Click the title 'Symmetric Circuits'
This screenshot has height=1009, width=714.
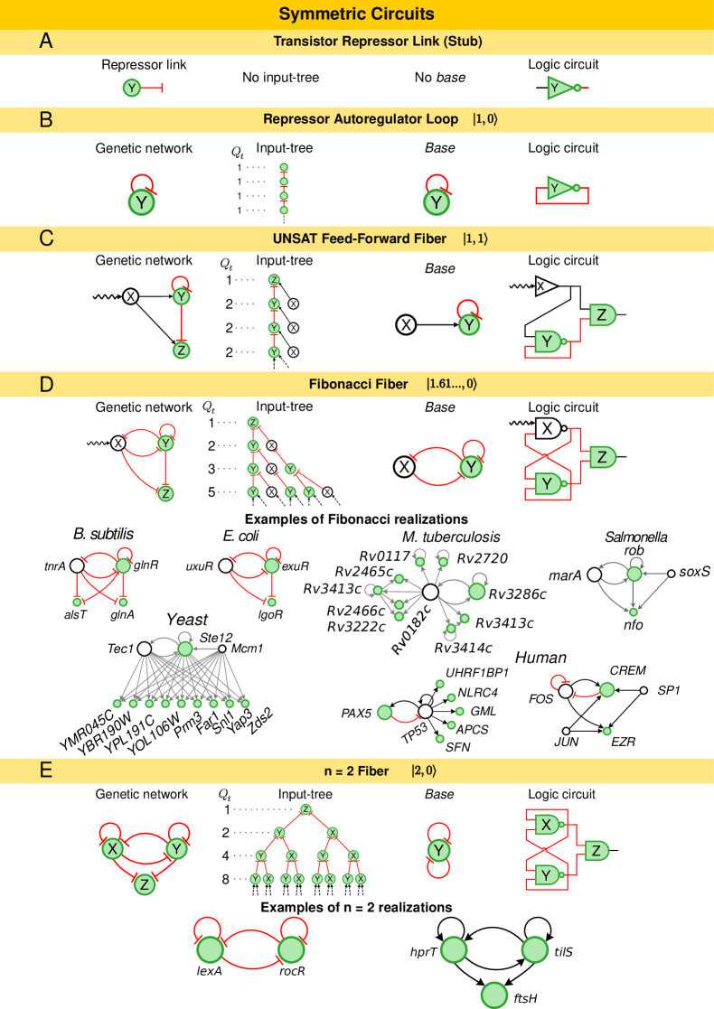tap(356, 14)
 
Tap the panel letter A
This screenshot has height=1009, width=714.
tap(46, 41)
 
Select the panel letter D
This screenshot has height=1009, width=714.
tap(46, 384)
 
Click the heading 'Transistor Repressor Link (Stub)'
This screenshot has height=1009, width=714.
tap(378, 41)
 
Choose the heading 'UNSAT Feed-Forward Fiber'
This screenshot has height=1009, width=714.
tap(360, 238)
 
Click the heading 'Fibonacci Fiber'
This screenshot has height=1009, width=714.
tap(359, 384)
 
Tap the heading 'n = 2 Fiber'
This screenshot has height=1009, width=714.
tap(356, 771)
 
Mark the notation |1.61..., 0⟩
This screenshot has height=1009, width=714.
tap(451, 384)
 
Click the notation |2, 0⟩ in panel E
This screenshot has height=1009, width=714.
tap(424, 771)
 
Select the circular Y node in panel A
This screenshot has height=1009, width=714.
tap(132, 88)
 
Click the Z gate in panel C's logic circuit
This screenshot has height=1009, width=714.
tap(603, 314)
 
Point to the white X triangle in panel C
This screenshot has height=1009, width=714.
tap(544, 285)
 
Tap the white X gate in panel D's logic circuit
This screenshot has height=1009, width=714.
tap(548, 428)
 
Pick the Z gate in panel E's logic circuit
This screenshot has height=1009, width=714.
tap(597, 850)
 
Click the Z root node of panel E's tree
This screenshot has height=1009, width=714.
tap(305, 808)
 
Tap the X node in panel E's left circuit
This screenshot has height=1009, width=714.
tap(112, 849)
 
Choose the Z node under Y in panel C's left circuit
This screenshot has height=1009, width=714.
tap(181, 350)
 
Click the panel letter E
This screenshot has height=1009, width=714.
tap(46, 771)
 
